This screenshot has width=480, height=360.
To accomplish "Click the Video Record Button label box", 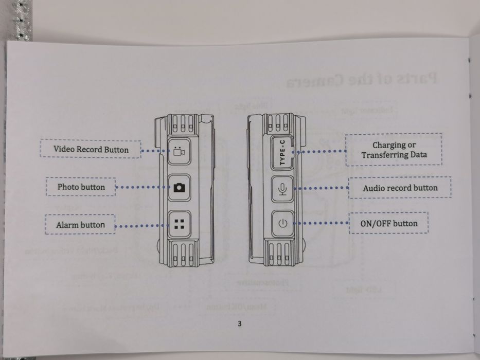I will tap(91, 150).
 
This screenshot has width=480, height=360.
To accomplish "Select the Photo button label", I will tap(81, 187).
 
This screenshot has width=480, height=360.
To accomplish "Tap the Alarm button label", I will tap(80, 225).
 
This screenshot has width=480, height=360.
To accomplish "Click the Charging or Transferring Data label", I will tap(394, 150).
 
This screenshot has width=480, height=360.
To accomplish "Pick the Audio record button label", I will tap(400, 188).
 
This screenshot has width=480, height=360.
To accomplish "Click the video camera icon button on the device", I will tap(179, 151).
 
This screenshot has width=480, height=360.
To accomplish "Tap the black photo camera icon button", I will tap(179, 188).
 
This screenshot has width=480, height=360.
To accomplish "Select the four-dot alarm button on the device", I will tap(179, 224).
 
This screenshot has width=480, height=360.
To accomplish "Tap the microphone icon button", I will tap(282, 189).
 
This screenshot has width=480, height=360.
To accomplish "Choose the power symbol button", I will tap(282, 224).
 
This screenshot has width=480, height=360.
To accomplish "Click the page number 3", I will tap(240, 323).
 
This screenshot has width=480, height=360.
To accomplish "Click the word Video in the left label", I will tap(64, 150).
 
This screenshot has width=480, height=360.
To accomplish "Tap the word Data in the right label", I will tap(417, 155).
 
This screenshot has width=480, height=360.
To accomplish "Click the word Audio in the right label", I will tap(374, 188).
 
